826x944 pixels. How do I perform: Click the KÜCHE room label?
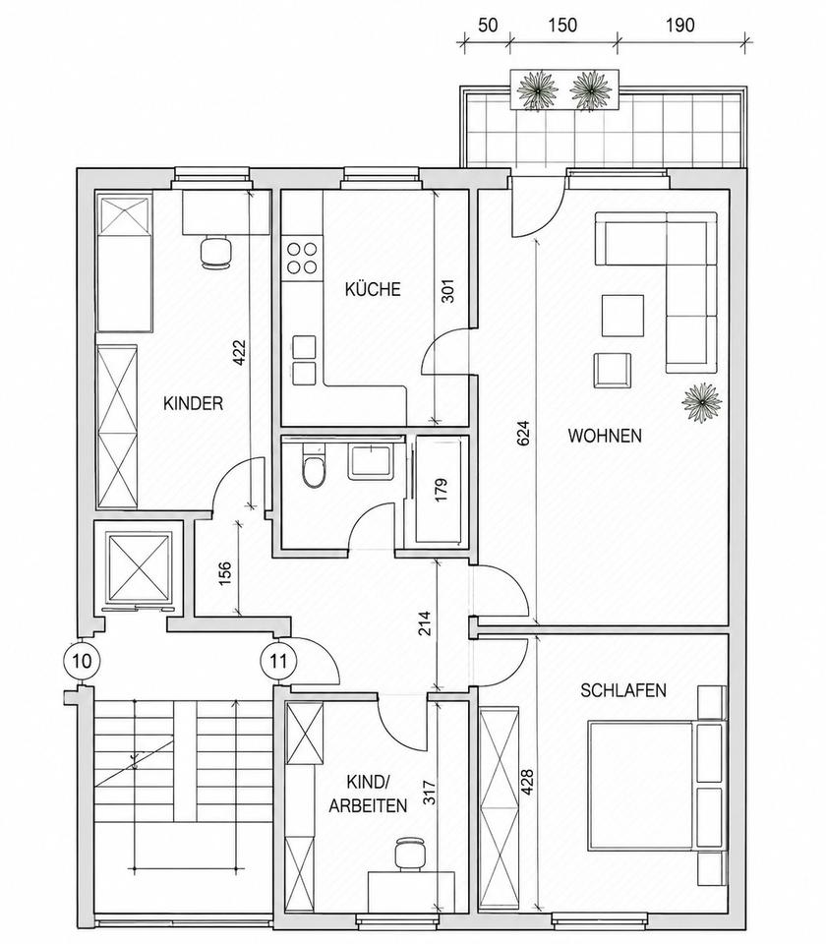[x=373, y=289]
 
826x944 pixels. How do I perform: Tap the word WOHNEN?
[x=605, y=436]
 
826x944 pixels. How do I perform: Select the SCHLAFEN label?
[x=623, y=690]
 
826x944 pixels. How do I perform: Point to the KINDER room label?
[x=194, y=403]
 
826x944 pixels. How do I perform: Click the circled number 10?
[x=82, y=661]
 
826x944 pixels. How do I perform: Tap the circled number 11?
[x=278, y=661]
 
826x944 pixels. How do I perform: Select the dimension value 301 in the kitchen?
[x=448, y=291]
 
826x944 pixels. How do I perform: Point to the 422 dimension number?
[x=239, y=353]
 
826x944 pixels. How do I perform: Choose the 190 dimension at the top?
[x=679, y=26]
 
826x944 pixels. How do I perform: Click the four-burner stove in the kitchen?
[x=302, y=258]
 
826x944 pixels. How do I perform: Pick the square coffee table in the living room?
[x=622, y=316]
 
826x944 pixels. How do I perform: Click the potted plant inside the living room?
[x=702, y=403]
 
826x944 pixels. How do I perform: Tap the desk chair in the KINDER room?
[x=215, y=253]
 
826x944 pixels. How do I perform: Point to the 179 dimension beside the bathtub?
[x=442, y=490]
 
